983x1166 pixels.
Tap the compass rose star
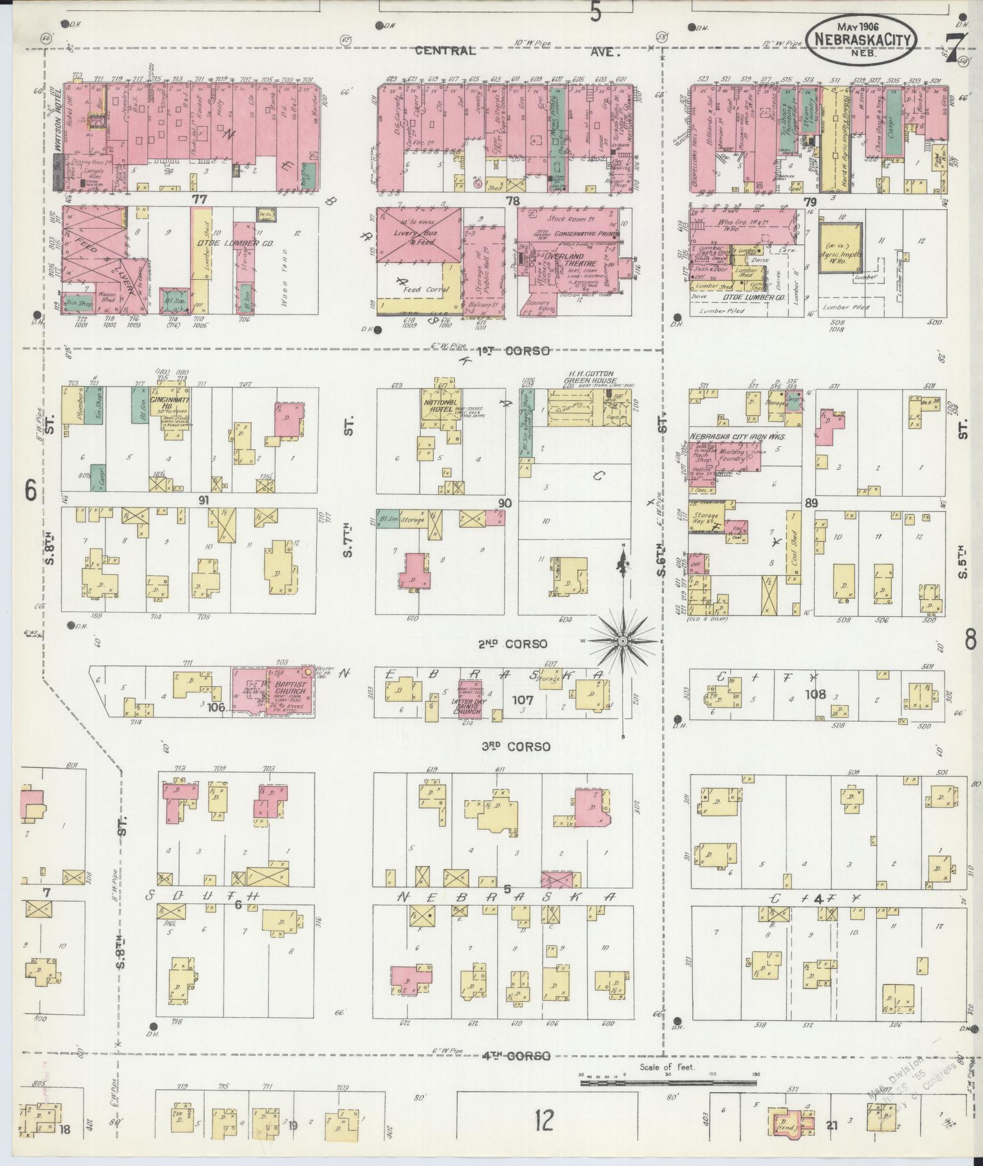point(623,642)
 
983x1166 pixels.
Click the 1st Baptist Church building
point(276,692)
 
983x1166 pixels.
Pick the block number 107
point(524,701)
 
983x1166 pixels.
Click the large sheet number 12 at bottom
point(544,1120)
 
